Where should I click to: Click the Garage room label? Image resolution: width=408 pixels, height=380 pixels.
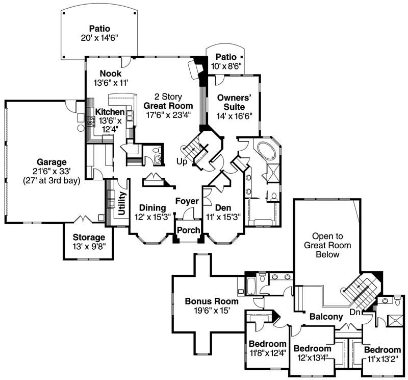[51, 162]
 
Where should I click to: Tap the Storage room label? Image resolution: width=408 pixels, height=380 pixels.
[89, 237]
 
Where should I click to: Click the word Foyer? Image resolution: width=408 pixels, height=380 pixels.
[187, 201]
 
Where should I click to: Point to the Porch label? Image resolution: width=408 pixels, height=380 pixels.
[188, 230]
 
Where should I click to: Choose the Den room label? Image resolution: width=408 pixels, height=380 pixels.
[223, 208]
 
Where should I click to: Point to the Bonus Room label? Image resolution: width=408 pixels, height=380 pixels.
[208, 301]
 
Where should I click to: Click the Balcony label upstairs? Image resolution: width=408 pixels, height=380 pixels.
[326, 317]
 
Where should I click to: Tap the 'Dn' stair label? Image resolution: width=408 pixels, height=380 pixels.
[355, 312]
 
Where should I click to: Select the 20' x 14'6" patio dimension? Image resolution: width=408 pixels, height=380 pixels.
[99, 38]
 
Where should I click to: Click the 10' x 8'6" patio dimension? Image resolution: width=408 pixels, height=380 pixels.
[225, 65]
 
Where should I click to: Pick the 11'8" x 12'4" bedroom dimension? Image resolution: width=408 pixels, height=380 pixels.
[268, 352]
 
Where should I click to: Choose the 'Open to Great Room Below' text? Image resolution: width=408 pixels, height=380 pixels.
[327, 245]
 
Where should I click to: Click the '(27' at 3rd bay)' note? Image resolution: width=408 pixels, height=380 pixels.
[51, 180]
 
